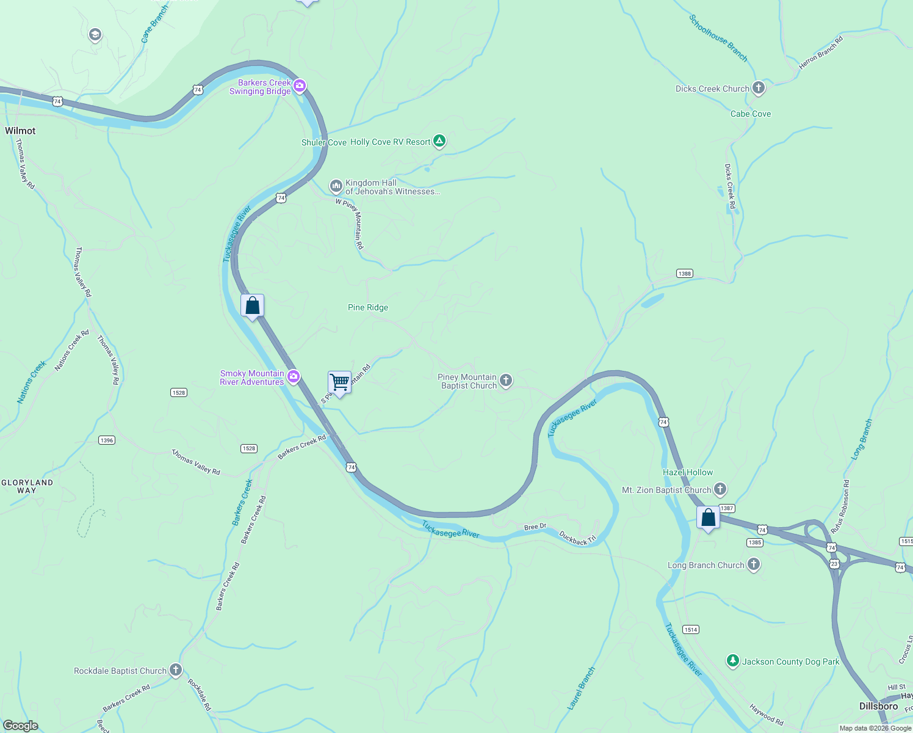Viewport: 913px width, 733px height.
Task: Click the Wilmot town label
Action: click(x=20, y=131)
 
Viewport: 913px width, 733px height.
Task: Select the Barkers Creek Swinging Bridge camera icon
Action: click(x=300, y=86)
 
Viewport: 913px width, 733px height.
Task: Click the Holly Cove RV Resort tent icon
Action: click(x=439, y=142)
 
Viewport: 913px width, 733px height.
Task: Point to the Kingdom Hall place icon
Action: click(x=336, y=186)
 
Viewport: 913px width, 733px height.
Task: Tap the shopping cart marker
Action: click(x=339, y=383)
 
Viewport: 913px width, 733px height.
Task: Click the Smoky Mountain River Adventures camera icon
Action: click(x=294, y=377)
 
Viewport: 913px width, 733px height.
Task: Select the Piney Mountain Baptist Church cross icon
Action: click(x=506, y=381)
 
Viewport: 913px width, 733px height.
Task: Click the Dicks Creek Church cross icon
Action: click(x=759, y=89)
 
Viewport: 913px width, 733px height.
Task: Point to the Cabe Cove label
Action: click(x=751, y=114)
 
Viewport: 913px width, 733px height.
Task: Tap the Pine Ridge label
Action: click(x=368, y=307)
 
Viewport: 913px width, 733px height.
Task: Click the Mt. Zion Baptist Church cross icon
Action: click(x=720, y=489)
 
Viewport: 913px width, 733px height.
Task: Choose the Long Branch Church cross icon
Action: click(x=754, y=564)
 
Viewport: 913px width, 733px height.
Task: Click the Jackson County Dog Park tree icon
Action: click(x=732, y=661)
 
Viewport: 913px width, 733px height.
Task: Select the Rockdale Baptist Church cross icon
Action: click(x=176, y=671)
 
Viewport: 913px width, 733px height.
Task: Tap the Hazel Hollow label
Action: click(x=688, y=472)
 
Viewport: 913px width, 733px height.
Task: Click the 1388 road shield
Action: click(x=685, y=274)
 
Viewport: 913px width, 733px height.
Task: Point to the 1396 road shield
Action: click(x=107, y=440)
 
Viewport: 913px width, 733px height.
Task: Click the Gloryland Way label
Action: click(x=27, y=486)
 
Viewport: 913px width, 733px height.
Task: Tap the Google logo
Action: click(x=20, y=725)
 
